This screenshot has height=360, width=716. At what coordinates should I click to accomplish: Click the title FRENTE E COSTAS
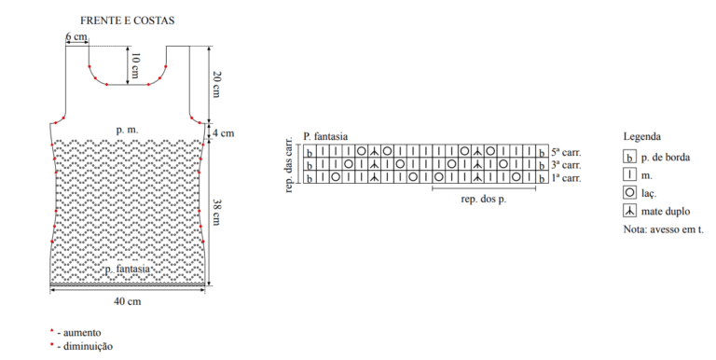[128, 21]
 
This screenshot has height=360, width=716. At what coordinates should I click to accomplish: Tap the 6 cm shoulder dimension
[76, 36]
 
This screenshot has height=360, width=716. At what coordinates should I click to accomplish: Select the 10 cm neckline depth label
[135, 65]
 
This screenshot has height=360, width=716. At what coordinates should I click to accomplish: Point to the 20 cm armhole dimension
[216, 85]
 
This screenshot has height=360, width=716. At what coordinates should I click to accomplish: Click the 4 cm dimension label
[222, 133]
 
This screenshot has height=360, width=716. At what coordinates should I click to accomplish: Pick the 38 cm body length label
[216, 213]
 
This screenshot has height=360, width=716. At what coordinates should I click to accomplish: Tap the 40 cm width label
[128, 301]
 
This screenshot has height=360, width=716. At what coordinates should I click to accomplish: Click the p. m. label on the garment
[127, 131]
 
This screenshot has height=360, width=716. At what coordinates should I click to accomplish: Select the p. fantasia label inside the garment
[128, 270]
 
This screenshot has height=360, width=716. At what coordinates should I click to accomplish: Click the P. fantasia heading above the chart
[325, 136]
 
